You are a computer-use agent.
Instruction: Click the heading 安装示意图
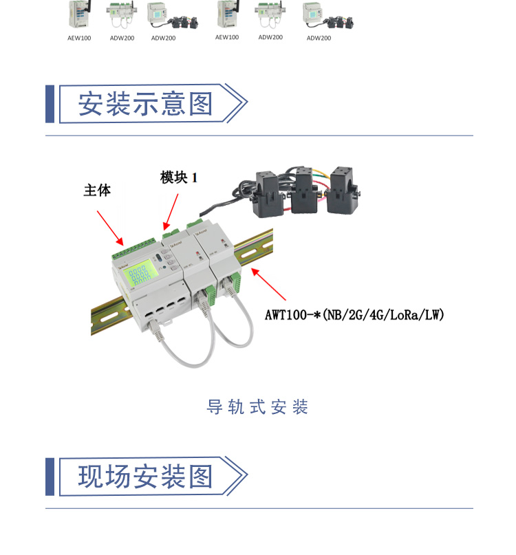pos(145,104)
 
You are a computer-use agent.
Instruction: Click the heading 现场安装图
pos(145,477)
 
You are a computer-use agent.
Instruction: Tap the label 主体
pos(97,191)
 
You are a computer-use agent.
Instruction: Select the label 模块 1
pos(178,177)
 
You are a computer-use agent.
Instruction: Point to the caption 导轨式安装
pos(257,406)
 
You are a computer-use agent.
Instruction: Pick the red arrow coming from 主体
pos(110,228)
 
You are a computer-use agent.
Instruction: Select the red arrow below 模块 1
pos(171,212)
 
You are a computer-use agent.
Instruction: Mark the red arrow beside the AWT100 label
pos(268,284)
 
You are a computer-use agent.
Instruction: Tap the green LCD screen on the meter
pos(140,272)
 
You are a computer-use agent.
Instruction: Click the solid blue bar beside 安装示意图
pos(50,104)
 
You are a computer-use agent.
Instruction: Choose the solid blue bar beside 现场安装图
pos(50,477)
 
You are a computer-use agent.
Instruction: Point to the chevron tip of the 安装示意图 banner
pos(247,102)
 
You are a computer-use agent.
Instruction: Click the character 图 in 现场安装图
pos(201,477)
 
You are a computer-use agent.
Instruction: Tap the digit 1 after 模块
pos(195,177)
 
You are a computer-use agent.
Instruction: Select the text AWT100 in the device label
pos(286,314)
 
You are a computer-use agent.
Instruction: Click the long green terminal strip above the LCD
pos(134,247)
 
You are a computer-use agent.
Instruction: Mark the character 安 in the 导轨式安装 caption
pos(279,406)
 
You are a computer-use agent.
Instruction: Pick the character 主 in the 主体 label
pos(90,191)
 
